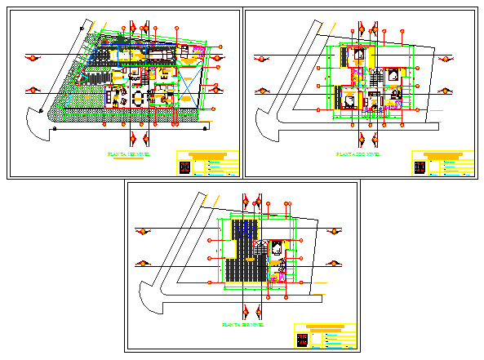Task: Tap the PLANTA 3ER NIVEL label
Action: [x=242, y=325]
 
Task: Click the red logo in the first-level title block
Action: [x=184, y=167]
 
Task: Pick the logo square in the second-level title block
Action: [x=420, y=167]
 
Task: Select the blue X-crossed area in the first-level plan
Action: [x=189, y=85]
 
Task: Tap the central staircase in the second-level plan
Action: [x=375, y=78]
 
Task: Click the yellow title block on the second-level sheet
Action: [x=442, y=162]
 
